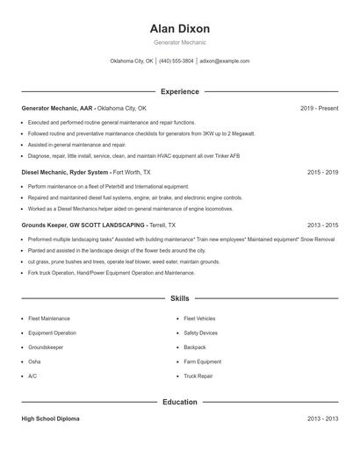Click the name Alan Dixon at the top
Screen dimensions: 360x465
[x=180, y=29]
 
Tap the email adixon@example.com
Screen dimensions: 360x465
[x=225, y=61]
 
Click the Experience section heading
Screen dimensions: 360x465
[x=180, y=91]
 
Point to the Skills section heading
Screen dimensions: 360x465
[x=180, y=299]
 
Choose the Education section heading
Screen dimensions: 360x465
[x=180, y=403]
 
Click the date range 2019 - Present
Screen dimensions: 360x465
[x=319, y=108]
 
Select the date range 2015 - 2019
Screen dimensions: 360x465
[x=322, y=173]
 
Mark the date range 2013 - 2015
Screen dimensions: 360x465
[x=322, y=225]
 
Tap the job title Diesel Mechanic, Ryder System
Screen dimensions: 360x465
[x=65, y=173]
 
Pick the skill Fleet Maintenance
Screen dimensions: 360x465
[x=49, y=318]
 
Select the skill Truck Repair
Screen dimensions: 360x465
[x=198, y=376]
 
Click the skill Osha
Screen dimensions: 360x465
[x=34, y=361]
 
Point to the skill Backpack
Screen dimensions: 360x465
[x=195, y=347]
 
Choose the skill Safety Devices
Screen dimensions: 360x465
[x=200, y=333]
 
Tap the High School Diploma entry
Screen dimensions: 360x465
[x=50, y=419]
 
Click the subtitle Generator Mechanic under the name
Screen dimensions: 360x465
[x=180, y=43]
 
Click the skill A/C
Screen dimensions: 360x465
[x=32, y=376]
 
